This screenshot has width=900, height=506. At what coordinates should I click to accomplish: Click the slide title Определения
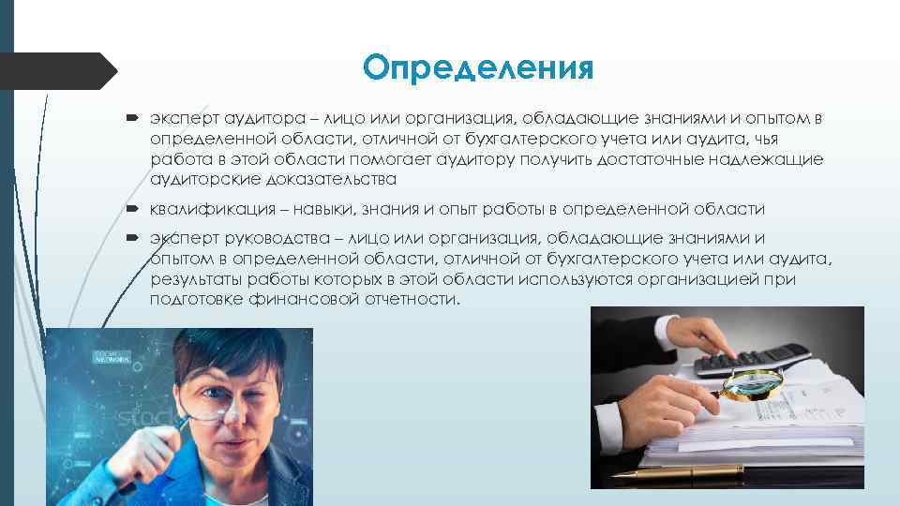(478, 68)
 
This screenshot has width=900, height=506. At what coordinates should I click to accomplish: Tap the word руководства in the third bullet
(275, 238)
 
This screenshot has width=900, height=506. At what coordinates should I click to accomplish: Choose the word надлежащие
(764, 159)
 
